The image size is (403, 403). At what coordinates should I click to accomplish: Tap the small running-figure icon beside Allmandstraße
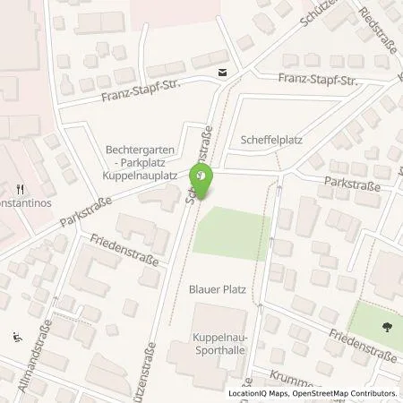(18, 338)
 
